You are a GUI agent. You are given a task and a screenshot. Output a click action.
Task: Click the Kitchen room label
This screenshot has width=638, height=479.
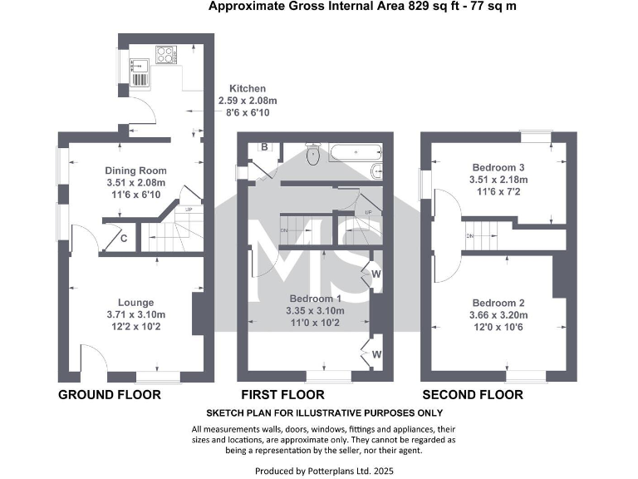tap(248, 88)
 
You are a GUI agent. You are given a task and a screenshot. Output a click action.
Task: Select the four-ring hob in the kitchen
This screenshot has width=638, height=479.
tap(165, 55)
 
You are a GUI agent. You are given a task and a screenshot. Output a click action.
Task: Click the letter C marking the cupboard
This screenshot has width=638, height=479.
tap(124, 239)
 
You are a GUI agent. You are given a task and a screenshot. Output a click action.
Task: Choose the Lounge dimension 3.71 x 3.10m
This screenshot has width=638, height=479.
tap(136, 314)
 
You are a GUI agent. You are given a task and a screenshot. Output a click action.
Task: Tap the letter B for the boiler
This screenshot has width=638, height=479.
tap(264, 147)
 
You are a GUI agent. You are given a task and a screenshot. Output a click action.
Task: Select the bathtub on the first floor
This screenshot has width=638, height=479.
tap(354, 152)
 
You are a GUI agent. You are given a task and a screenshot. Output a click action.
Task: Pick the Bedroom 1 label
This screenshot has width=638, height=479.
tap(315, 299)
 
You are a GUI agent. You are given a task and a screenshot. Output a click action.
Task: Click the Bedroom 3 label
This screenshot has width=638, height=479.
tap(498, 166)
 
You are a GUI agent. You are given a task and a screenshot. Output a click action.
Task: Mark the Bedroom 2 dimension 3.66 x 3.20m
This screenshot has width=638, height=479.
tap(498, 314)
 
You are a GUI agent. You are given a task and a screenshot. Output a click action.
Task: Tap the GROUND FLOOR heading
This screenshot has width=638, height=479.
tap(109, 394)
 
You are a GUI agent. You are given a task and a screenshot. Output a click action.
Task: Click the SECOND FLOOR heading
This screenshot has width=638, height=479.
tap(473, 394)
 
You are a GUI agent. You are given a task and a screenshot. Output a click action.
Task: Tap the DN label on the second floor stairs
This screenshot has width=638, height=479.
tap(470, 236)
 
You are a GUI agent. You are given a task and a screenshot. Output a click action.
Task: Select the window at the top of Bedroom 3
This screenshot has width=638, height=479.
tap(537, 133)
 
